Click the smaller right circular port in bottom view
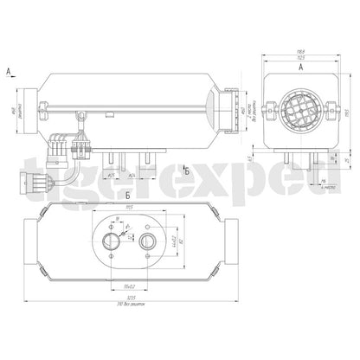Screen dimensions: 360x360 pos(151,240)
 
